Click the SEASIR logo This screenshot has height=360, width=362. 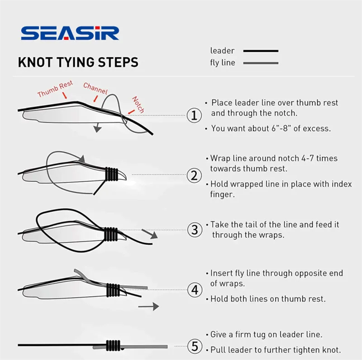click(70, 33)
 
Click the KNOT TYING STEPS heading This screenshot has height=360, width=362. click(78, 62)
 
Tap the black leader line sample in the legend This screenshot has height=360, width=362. click(261, 51)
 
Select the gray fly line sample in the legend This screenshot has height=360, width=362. click(261, 63)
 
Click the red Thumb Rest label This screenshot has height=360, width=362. click(55, 89)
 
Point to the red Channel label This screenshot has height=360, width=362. click(95, 88)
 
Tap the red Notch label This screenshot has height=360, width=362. click(138, 104)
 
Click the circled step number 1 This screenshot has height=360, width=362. click(194, 115)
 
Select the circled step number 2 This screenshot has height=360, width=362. click(194, 175)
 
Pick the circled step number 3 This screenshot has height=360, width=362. click(195, 230)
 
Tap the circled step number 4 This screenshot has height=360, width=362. click(195, 290)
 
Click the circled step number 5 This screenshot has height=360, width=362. click(195, 346)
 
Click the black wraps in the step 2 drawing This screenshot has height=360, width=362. click(112, 174)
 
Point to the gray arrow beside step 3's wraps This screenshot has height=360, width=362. click(150, 234)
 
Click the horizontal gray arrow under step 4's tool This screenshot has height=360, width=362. click(149, 307)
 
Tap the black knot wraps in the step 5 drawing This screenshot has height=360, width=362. click(113, 346)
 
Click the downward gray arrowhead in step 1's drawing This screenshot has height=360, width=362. click(97, 128)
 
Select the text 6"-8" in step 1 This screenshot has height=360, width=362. click(281, 128)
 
